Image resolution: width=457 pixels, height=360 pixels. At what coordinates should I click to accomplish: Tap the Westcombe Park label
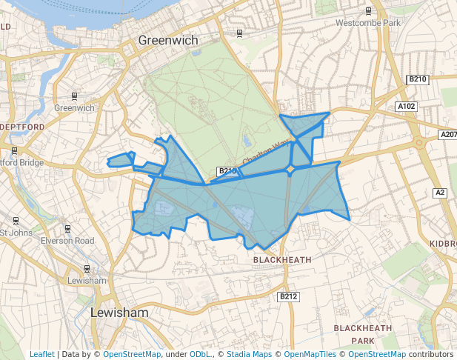(367, 23)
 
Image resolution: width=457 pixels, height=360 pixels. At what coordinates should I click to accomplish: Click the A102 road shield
(407, 107)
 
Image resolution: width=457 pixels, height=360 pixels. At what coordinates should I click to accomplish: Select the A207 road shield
(448, 135)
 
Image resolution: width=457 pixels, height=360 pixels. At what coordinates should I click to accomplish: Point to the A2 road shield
(440, 193)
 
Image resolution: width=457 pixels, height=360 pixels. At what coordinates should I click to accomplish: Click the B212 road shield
(288, 296)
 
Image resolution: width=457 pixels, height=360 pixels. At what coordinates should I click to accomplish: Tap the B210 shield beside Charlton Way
(227, 171)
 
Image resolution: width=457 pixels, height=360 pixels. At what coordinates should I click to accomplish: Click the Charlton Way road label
(265, 153)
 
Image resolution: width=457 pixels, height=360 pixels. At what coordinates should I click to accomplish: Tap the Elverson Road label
(67, 241)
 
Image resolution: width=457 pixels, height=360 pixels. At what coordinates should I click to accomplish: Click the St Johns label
(15, 233)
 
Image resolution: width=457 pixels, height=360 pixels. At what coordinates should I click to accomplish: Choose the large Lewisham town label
(119, 313)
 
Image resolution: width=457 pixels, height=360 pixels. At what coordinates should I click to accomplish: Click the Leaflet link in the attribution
(41, 354)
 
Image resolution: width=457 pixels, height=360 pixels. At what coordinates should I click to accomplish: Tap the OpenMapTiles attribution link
(308, 354)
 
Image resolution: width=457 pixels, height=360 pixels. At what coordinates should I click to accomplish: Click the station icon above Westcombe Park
(368, 11)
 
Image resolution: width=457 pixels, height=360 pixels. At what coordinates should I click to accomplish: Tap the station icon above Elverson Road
(67, 228)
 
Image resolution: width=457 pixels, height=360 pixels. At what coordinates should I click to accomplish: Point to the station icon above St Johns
(16, 220)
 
